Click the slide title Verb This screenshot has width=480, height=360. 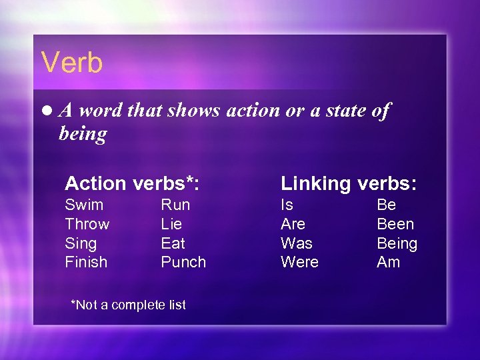coord(72,63)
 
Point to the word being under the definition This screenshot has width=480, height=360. coord(83,135)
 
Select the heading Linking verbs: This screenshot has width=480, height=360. coord(347,183)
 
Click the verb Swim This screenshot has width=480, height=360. coord(84,205)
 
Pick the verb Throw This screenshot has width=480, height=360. coord(87,224)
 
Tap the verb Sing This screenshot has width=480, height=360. coord(81,243)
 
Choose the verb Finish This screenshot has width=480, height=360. coord(86,262)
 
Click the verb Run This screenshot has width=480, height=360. coord(175,205)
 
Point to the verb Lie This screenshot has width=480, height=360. coord(171,224)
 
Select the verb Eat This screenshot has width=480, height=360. coord(173,243)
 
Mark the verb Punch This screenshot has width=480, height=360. coord(183,262)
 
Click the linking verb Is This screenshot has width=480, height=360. coord(287,205)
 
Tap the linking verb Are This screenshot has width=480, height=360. coord(293,224)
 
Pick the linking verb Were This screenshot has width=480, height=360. coord(299,262)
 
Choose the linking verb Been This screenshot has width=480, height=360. coord(395,224)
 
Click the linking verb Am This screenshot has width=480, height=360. coord(388,262)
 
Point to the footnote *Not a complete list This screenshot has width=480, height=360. coord(128,305)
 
